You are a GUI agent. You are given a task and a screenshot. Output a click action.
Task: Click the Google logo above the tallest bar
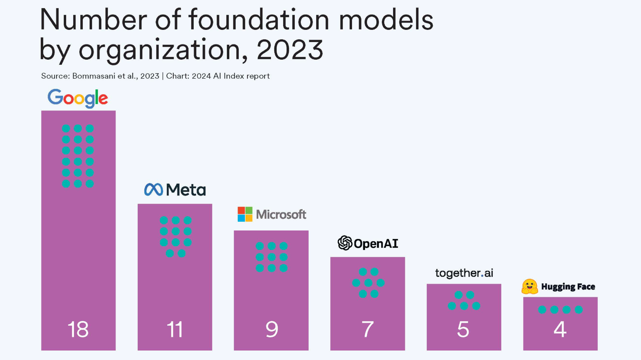tap(78, 98)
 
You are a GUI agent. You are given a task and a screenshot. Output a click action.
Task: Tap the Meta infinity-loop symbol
tap(153, 189)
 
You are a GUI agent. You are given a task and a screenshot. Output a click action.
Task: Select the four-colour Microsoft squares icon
tap(245, 214)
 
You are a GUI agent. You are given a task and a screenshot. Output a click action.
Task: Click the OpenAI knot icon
tap(345, 243)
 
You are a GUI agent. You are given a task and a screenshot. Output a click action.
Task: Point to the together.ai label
tap(464, 273)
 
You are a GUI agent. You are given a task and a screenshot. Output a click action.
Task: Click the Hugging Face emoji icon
tap(529, 286)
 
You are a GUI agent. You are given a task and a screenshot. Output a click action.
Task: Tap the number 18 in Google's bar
tap(78, 329)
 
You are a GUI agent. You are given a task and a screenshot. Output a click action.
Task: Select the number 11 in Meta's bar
tap(175, 329)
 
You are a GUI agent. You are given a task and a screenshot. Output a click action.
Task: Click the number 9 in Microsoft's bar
tap(271, 329)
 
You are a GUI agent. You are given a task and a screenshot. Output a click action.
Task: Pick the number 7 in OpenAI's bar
tap(368, 329)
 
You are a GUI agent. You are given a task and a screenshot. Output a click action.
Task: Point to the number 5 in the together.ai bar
tap(463, 329)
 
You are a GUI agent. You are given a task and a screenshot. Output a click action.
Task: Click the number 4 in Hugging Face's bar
tap(560, 329)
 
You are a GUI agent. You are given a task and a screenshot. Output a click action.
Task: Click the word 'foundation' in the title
tap(259, 20)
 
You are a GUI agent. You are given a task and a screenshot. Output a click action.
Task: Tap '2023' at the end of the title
tap(290, 49)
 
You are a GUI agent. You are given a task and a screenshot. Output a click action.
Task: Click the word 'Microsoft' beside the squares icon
tap(281, 214)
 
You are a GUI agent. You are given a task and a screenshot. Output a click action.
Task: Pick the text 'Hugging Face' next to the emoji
tap(568, 287)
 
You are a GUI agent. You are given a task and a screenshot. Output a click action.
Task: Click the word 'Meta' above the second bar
tap(186, 190)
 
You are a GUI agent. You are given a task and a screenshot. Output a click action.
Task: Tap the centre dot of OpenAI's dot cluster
tap(368, 283)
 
